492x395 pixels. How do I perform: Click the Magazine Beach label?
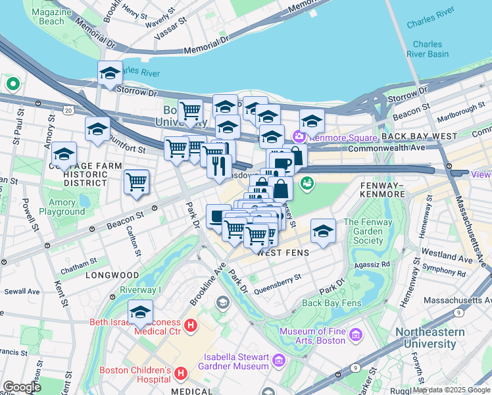pos(47,16)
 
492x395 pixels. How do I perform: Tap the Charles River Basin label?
pos(428,49)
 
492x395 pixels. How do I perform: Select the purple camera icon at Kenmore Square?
pos(299,137)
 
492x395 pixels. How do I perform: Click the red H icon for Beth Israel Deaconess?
pos(191,325)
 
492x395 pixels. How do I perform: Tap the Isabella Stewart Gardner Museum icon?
pos(278,361)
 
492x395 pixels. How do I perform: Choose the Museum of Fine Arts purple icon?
pos(356,336)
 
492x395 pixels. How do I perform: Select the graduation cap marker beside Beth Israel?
pos(140,313)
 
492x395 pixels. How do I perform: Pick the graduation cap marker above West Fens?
pos(323,231)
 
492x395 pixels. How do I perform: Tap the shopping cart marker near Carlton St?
pos(136,182)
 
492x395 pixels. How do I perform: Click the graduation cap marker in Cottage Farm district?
pos(64,155)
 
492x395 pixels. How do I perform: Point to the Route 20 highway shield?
pos(68,111)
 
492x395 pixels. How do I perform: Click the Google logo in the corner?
pos(22,387)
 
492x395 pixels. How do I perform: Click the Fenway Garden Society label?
pos(368,231)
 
